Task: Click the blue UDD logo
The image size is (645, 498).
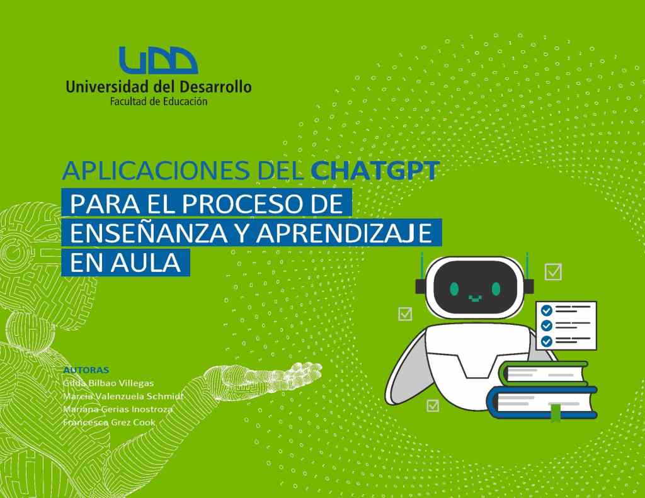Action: point(158,61)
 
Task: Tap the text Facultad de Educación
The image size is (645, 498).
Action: point(158,101)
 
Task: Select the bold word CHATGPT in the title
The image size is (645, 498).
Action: point(375,171)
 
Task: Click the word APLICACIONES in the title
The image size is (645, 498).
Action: point(139,171)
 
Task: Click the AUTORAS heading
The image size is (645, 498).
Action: point(86,370)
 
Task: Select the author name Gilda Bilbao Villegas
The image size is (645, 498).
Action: point(108,383)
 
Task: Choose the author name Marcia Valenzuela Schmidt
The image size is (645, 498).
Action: point(122,396)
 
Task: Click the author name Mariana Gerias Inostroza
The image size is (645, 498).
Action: point(117,409)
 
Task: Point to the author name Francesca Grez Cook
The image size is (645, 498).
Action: point(109,422)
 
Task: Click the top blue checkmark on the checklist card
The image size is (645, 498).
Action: point(547,310)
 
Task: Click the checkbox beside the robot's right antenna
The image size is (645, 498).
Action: point(553,271)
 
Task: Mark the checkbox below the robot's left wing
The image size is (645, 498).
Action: point(433,405)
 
